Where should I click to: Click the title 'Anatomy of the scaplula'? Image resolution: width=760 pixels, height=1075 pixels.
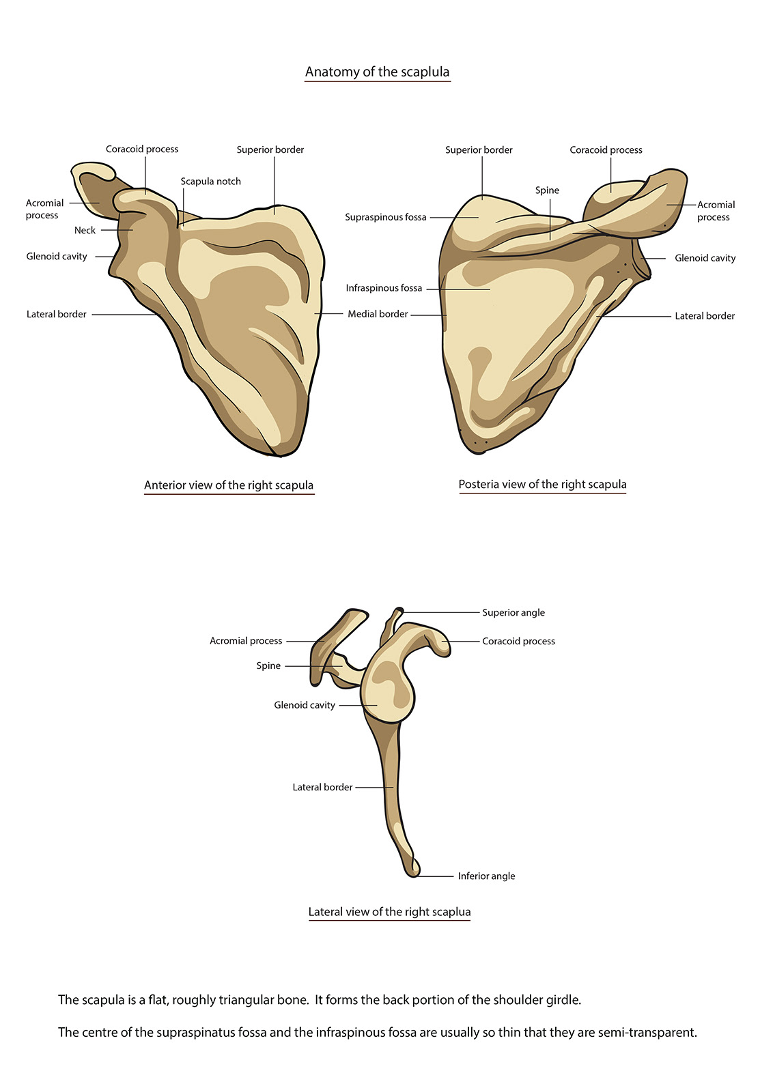(x=377, y=72)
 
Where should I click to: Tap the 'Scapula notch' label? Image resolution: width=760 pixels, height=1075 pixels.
(x=210, y=182)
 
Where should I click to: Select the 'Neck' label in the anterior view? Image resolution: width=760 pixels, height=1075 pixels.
(x=85, y=231)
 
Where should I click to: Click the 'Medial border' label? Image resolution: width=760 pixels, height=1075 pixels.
(x=378, y=314)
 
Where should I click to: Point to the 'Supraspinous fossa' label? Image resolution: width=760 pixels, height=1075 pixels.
(x=385, y=217)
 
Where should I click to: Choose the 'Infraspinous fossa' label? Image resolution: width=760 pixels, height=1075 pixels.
(x=384, y=288)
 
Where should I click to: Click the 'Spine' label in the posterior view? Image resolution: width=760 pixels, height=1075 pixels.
(x=547, y=190)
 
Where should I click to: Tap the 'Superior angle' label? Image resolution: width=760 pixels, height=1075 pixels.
(x=513, y=612)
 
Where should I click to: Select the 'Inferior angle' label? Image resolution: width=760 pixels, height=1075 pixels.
(x=486, y=876)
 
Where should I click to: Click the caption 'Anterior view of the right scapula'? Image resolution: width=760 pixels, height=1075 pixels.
(x=229, y=485)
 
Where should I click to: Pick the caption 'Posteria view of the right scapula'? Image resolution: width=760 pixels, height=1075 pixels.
(x=542, y=485)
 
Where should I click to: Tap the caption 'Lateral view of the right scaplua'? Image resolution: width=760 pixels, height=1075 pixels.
(x=389, y=912)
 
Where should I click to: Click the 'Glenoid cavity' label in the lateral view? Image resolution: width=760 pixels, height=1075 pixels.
(x=305, y=705)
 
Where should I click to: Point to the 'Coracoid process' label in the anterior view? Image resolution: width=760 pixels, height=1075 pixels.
(x=142, y=149)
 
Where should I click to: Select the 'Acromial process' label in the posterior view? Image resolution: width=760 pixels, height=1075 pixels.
(x=715, y=211)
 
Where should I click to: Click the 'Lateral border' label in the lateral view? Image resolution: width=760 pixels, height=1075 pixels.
(x=322, y=787)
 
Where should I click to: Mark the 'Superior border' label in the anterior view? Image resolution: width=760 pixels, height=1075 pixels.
(x=270, y=150)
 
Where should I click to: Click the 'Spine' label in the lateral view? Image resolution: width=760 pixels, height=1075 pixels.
(x=268, y=665)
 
